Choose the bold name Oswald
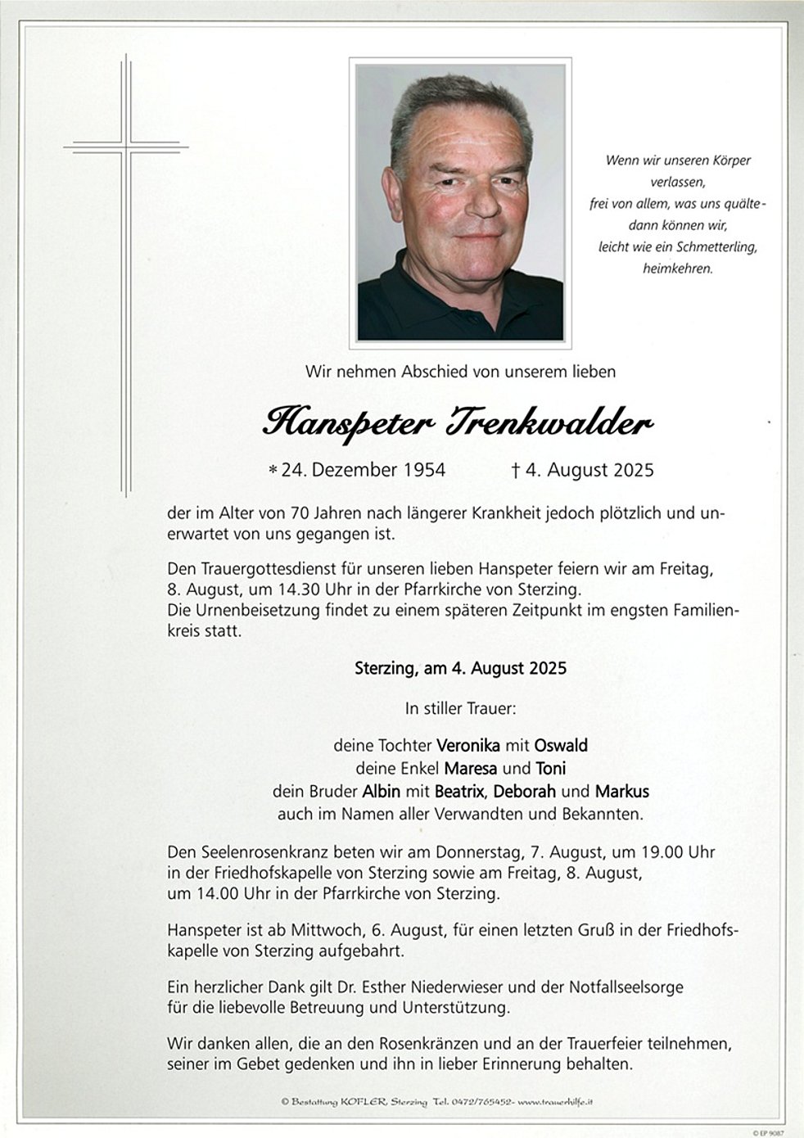[561, 745]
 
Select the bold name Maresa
[471, 768]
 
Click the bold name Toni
[551, 768]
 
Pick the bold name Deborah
[525, 791]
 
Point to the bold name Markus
[622, 791]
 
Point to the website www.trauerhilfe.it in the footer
[556, 1102]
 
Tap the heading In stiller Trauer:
[460, 707]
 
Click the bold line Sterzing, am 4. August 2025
[460, 667]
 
